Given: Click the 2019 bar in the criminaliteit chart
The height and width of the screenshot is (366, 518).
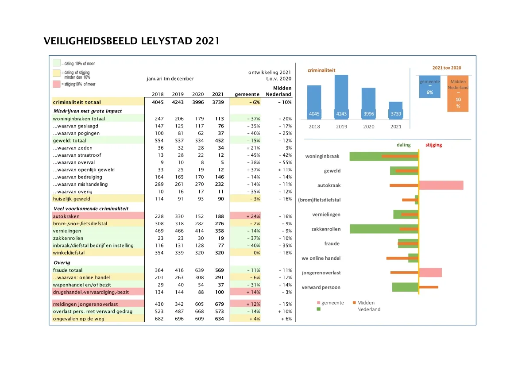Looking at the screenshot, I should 341,95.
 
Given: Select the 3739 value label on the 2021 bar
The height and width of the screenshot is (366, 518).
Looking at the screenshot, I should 396,114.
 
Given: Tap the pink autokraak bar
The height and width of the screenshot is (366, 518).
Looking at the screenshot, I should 441,185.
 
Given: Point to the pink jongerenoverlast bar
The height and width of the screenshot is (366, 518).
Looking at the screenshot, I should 430,273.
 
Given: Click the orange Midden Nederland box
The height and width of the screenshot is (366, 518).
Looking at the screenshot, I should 457,94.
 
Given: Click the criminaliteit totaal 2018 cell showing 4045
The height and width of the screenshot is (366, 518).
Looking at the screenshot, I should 158,102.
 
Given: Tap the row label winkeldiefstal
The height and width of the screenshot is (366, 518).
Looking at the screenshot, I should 69,253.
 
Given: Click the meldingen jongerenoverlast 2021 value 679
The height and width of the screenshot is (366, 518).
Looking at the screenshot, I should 219,304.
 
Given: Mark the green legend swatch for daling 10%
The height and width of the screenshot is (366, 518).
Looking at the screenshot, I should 56,63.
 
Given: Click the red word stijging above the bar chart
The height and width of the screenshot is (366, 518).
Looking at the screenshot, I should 433,145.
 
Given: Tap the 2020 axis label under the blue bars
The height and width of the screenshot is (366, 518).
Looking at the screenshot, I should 368,127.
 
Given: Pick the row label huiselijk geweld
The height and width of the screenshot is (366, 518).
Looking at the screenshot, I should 72,199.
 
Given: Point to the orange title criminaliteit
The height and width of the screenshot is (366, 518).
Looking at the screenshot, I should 321,70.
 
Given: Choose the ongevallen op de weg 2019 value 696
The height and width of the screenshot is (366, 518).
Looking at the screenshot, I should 178,319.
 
